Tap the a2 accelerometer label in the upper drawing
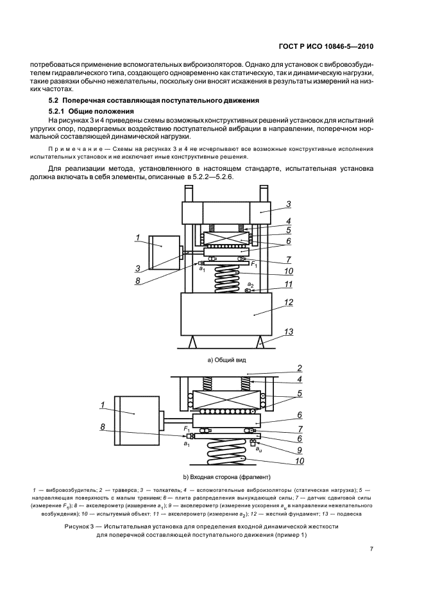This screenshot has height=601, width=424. pyautogui.click(x=251, y=284)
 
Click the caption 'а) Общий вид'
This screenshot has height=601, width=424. pyautogui.click(x=221, y=360)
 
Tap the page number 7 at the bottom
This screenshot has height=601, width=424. pyautogui.click(x=371, y=548)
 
